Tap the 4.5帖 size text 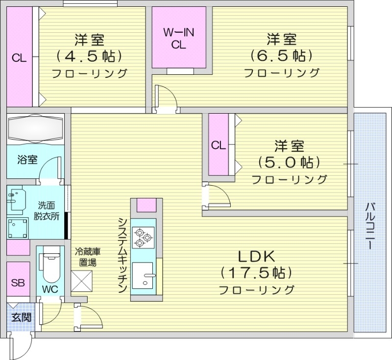point(89,56)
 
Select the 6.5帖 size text point(281,56)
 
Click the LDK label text point(256,256)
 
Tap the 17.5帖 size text point(256,272)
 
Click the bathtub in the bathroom point(36,129)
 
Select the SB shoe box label point(18,283)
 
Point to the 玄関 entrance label point(22,317)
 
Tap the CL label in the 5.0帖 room point(219,145)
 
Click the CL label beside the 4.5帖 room point(19,58)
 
